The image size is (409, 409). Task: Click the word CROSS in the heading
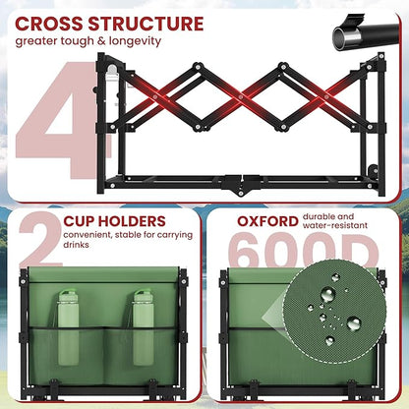click(x=48, y=24)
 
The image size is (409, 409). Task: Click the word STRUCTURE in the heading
click(x=146, y=24)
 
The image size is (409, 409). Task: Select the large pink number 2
click(x=40, y=240)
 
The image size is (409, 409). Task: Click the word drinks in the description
click(x=76, y=245)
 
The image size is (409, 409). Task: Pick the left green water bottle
click(x=68, y=327)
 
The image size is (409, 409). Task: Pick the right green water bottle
click(x=144, y=327)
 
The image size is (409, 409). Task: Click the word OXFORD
click(x=267, y=221)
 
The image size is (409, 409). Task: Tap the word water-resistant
click(x=335, y=225)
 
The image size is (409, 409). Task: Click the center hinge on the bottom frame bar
click(x=241, y=184)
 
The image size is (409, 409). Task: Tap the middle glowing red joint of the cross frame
click(x=241, y=97)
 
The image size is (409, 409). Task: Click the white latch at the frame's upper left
click(x=112, y=75)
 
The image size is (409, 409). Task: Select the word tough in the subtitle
click(x=88, y=42)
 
